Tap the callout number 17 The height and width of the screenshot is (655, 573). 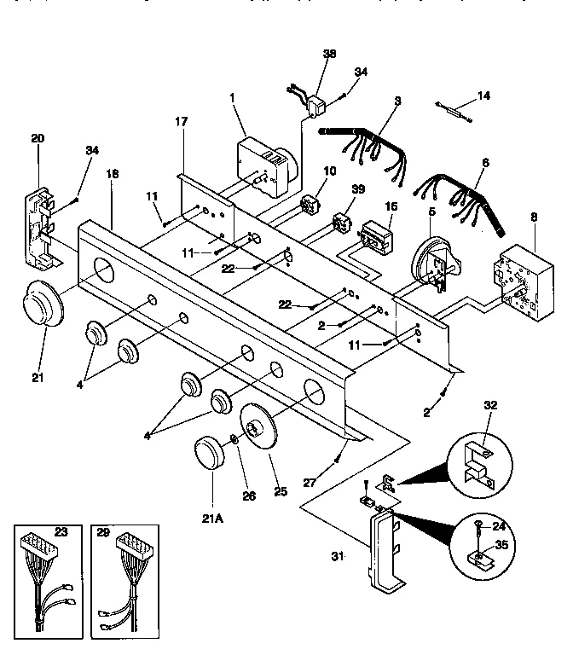pyautogui.click(x=182, y=121)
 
